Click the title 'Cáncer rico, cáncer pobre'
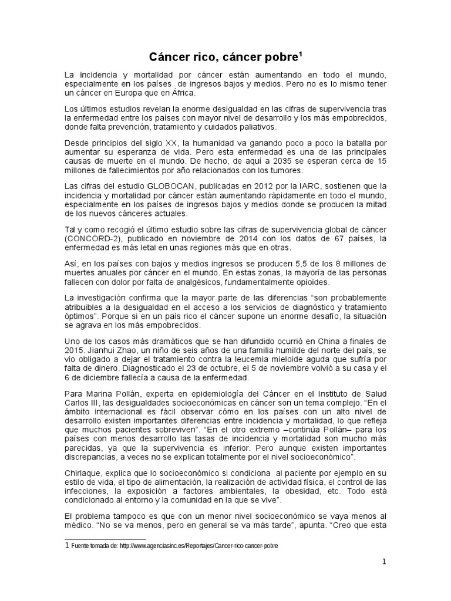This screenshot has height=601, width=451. [225, 57]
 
